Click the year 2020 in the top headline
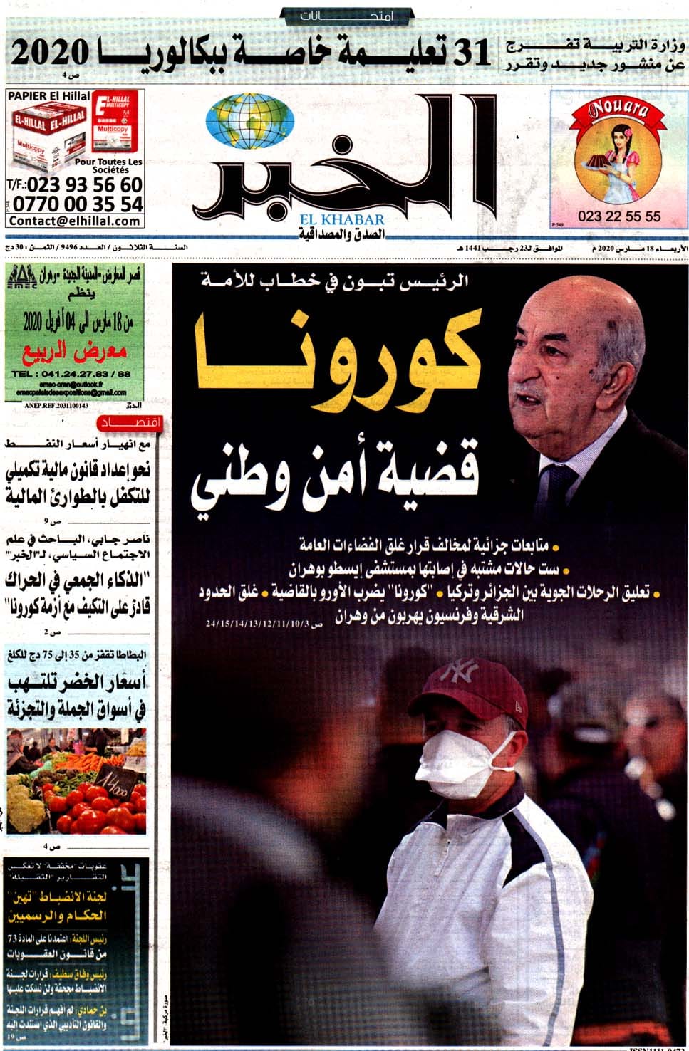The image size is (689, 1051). coord(50,54)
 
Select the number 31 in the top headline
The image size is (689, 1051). coord(471,54)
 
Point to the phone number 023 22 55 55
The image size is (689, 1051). coord(619,216)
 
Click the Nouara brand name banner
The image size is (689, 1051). coord(618,110)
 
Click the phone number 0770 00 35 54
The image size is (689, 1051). coord(78,204)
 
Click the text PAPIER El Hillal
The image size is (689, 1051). coord(48,95)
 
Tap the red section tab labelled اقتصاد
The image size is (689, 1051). coord(132,424)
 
